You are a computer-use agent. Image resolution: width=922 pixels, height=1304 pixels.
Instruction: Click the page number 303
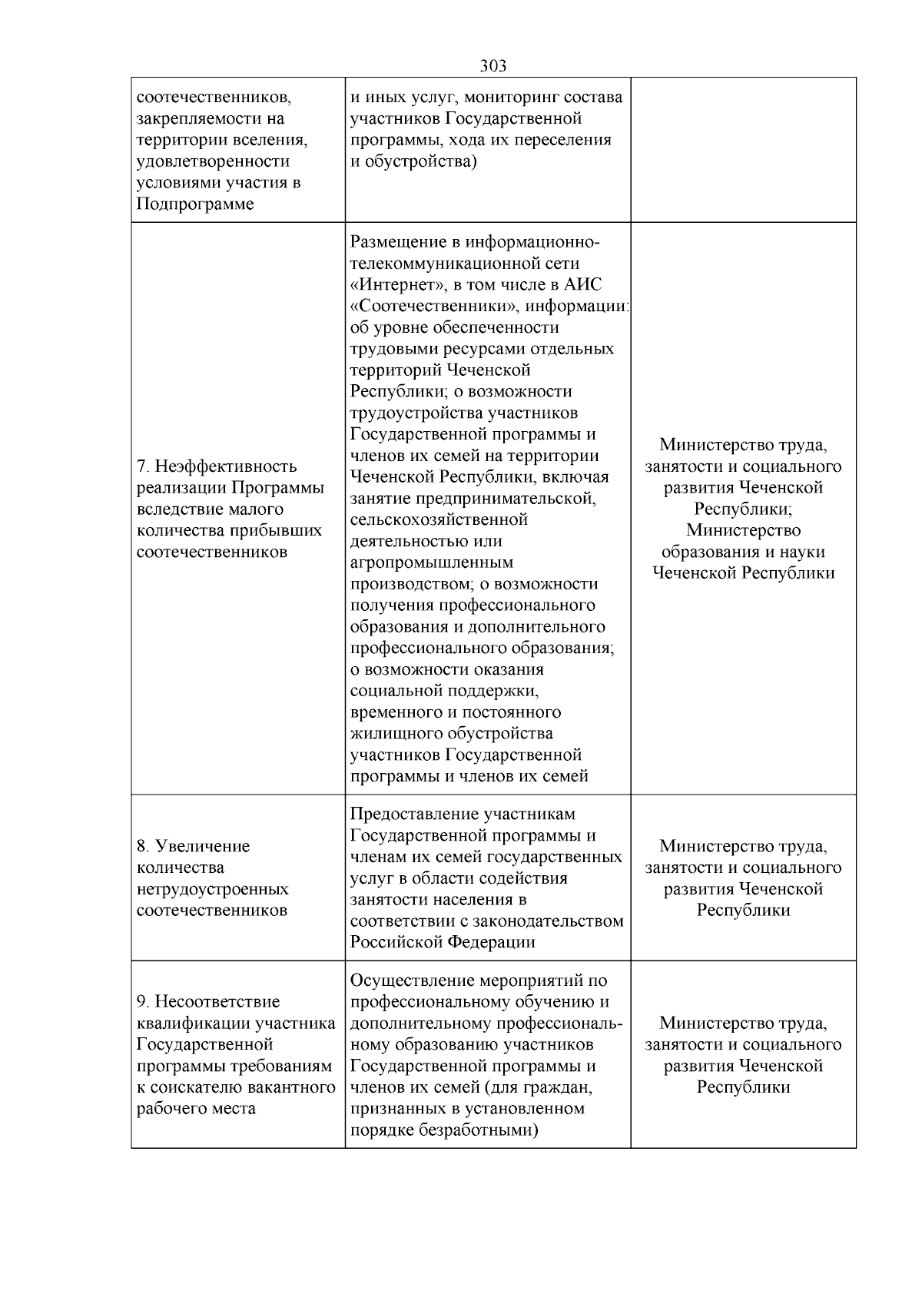[x=493, y=66]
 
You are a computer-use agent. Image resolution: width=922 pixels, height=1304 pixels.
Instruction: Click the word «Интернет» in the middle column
[x=394, y=285]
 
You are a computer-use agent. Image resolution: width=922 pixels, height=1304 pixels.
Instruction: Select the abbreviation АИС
[x=583, y=285]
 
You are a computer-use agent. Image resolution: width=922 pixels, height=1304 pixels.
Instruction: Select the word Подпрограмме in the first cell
[x=195, y=204]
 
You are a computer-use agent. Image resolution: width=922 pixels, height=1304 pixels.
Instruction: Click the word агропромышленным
[x=431, y=562]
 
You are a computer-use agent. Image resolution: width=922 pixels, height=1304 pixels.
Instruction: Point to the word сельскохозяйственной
[x=439, y=520]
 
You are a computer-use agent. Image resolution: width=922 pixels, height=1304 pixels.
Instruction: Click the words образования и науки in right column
[x=743, y=552]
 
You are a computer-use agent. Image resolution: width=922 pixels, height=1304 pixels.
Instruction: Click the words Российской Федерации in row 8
[x=443, y=942]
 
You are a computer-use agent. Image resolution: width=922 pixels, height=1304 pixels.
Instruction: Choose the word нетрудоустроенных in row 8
[x=213, y=890]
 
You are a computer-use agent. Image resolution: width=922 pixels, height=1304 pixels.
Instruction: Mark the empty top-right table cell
[x=743, y=150]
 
